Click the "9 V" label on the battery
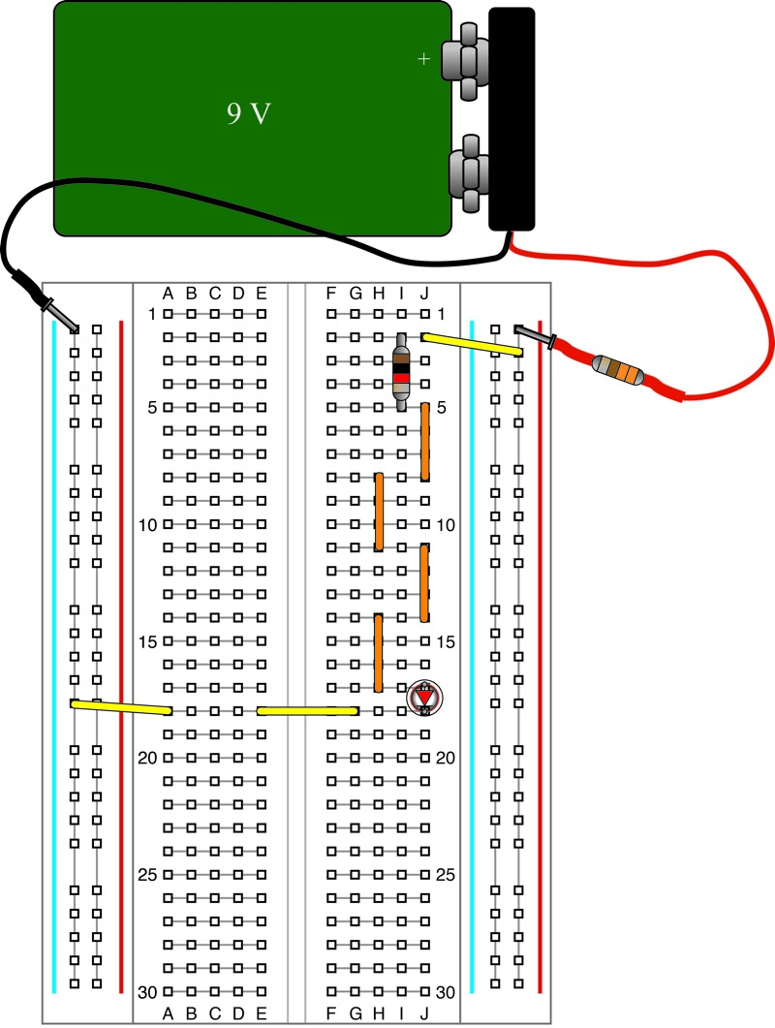(249, 114)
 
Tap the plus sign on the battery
(422, 59)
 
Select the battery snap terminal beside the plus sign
(463, 60)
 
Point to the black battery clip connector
(511, 118)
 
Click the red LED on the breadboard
(423, 698)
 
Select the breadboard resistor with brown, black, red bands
(401, 371)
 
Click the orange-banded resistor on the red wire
(618, 368)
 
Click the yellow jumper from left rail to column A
(121, 707)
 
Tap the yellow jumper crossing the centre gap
(307, 711)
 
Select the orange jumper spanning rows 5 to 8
(424, 442)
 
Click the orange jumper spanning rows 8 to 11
(379, 512)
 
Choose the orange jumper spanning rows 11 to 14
(424, 582)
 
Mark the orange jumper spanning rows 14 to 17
(378, 653)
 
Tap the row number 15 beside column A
(146, 641)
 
